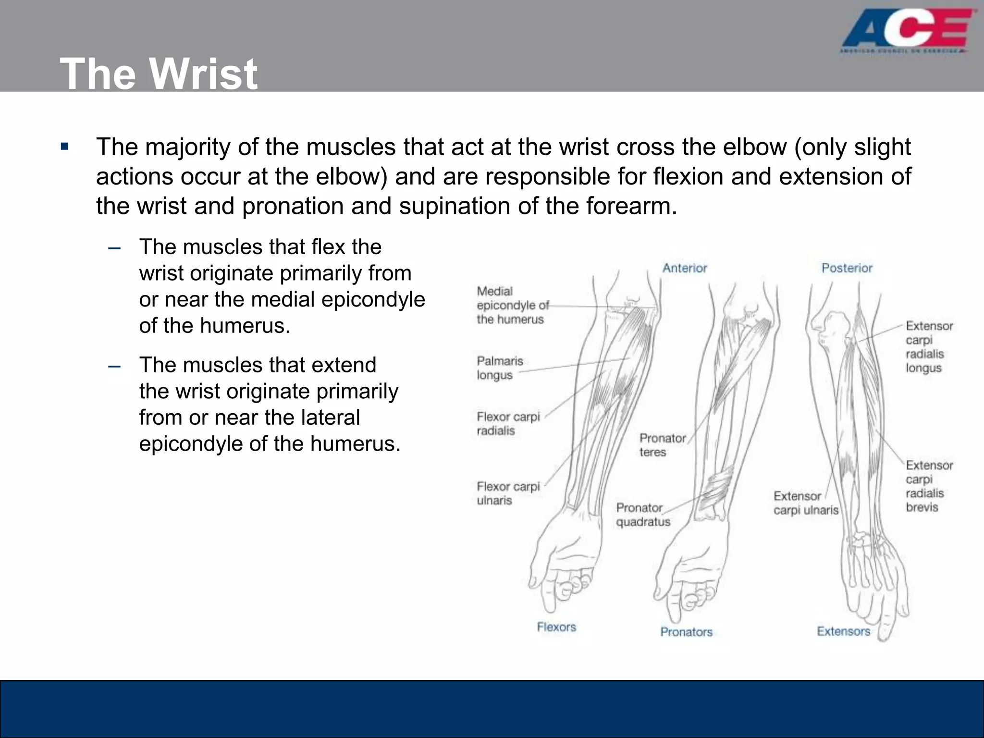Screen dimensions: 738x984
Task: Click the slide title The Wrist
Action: tap(159, 74)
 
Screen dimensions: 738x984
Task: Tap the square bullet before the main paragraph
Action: tap(65, 147)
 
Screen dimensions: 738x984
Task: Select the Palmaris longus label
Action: tap(500, 368)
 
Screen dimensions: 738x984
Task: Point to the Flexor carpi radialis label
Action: tap(508, 423)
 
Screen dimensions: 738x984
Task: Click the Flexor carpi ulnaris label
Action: tap(508, 493)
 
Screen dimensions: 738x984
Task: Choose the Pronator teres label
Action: tap(662, 445)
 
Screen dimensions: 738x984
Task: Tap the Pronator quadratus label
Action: tap(643, 515)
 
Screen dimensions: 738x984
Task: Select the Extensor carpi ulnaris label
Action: tap(806, 503)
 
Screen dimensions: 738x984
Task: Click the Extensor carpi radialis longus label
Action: tap(929, 347)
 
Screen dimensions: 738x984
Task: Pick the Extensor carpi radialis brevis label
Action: tap(929, 486)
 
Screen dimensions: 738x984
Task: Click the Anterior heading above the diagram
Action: tap(685, 268)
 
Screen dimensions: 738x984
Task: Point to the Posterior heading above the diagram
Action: tap(847, 268)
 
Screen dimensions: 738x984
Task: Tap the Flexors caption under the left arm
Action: tap(556, 627)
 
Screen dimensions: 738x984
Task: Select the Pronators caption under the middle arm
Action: tap(686, 632)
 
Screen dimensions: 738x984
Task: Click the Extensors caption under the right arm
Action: tap(843, 631)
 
